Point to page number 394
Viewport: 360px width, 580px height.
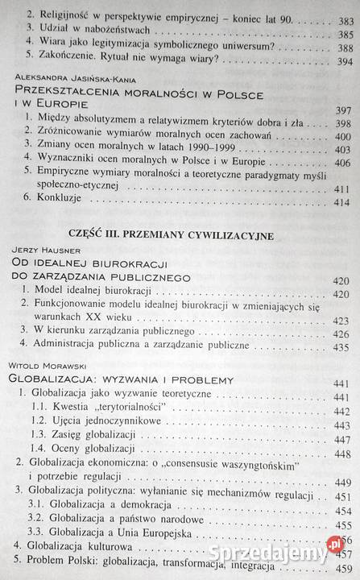coord(344,62)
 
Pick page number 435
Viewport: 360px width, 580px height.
coord(344,350)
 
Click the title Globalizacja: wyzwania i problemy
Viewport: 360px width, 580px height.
coord(121,379)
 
